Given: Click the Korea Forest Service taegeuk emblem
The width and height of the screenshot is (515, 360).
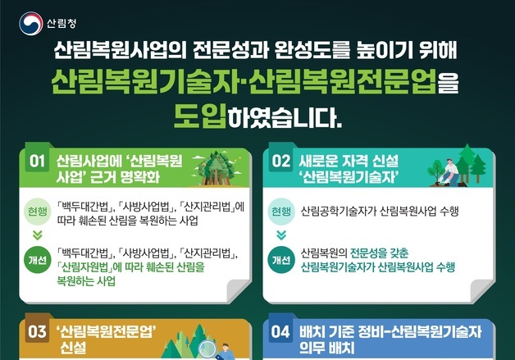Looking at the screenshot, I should (30, 21).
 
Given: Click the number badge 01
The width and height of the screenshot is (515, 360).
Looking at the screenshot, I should (37, 162).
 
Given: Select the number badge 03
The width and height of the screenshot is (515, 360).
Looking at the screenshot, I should (37, 332).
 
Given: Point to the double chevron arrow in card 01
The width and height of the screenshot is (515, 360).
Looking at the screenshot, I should (37, 235).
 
